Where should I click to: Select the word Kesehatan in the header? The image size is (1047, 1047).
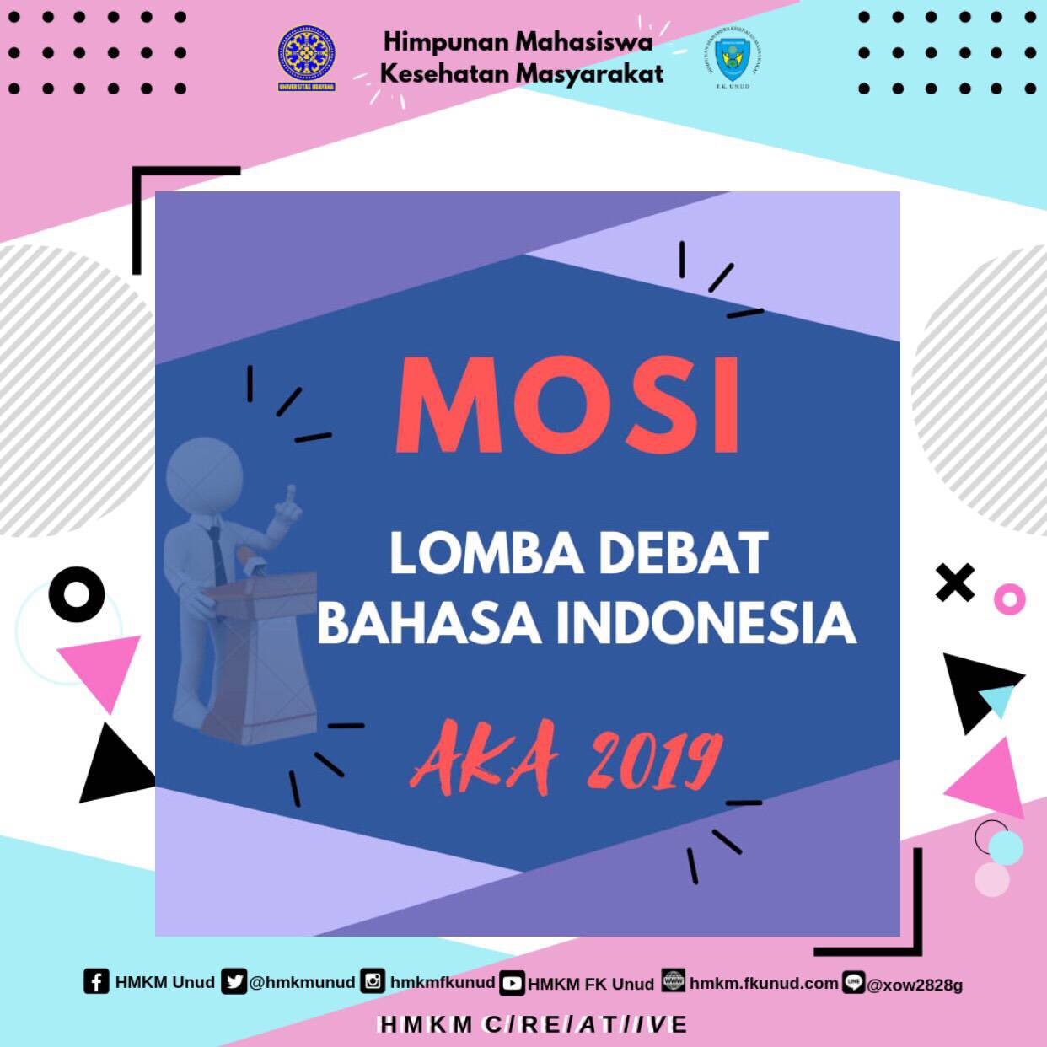[x=444, y=73]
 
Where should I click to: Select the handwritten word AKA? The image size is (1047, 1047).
[x=484, y=755]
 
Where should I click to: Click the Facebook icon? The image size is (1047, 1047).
[x=96, y=981]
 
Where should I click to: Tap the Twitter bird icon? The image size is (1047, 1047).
[x=234, y=981]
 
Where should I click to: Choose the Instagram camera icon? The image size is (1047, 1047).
[x=373, y=981]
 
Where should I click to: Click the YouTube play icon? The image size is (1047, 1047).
[x=512, y=983]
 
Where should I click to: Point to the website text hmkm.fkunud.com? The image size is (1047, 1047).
[x=763, y=983]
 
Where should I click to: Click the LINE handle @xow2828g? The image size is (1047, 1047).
[x=915, y=985]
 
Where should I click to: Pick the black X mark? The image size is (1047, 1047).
[x=955, y=582]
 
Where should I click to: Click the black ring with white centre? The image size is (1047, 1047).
[x=77, y=594]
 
